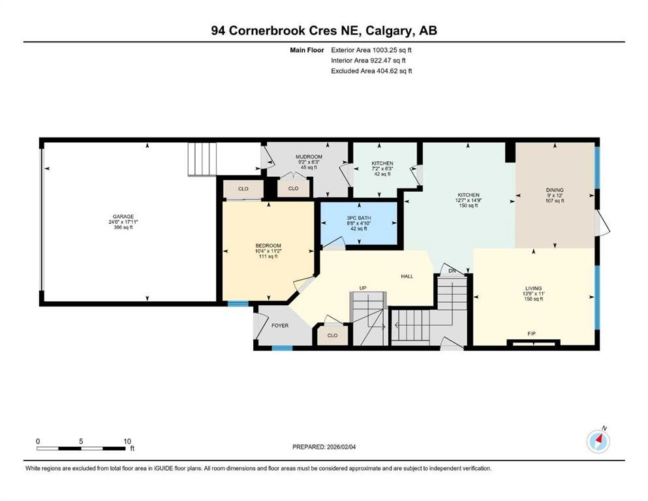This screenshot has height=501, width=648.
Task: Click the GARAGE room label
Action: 123,217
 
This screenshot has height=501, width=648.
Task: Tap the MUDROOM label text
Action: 309,157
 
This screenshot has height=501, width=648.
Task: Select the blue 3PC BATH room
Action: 358,223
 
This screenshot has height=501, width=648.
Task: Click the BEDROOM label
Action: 268,245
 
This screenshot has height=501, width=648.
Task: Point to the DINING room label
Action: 555,190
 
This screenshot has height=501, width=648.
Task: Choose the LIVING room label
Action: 534,288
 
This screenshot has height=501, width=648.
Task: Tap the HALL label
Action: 407,277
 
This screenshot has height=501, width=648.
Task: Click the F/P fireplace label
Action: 532,334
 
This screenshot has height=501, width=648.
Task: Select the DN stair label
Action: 452,271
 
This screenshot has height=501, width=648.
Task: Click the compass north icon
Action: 598,441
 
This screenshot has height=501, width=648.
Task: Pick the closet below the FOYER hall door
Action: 332,335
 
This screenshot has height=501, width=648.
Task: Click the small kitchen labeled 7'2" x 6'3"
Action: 382,168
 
